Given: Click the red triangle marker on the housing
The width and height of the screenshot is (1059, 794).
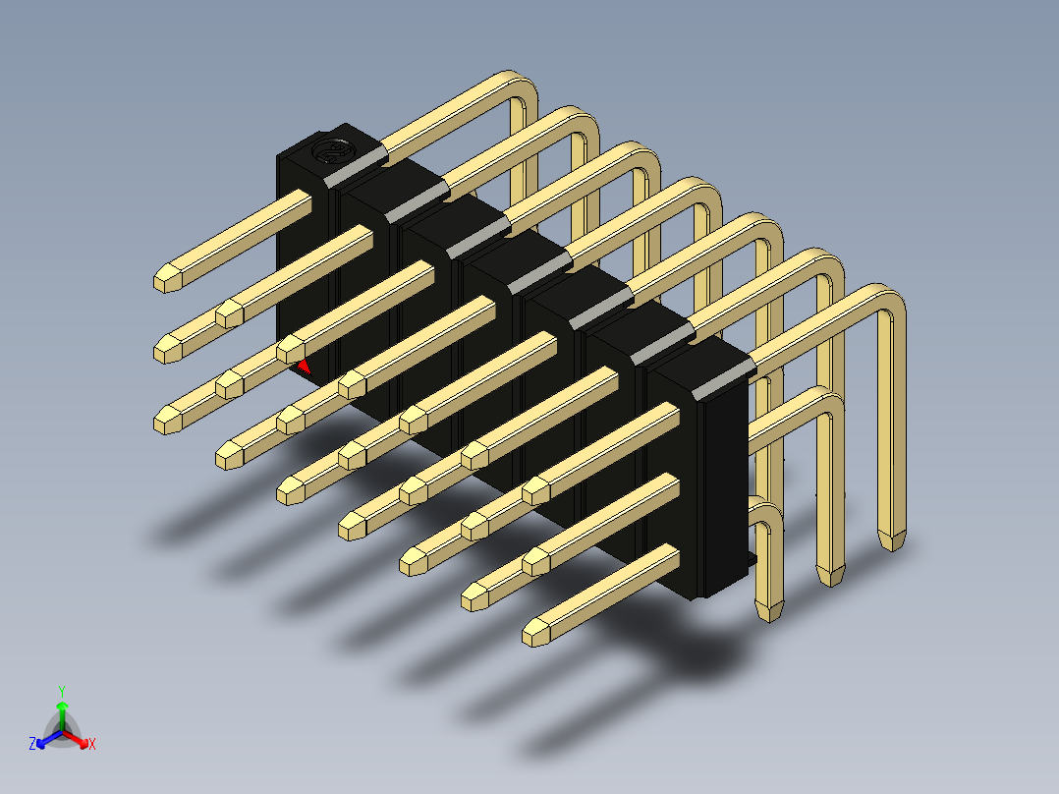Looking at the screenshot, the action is click(304, 367).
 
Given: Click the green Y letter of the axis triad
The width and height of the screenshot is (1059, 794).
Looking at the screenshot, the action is click(62, 691).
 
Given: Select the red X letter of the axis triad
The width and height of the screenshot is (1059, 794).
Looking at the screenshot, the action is click(92, 744).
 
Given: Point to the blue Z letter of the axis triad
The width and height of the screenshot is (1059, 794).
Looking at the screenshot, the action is click(31, 744).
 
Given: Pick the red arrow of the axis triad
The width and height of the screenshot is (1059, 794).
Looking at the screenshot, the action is click(76, 739).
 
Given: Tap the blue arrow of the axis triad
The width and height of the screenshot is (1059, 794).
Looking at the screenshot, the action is click(49, 739).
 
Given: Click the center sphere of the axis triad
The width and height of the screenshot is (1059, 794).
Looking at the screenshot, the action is click(62, 732).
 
